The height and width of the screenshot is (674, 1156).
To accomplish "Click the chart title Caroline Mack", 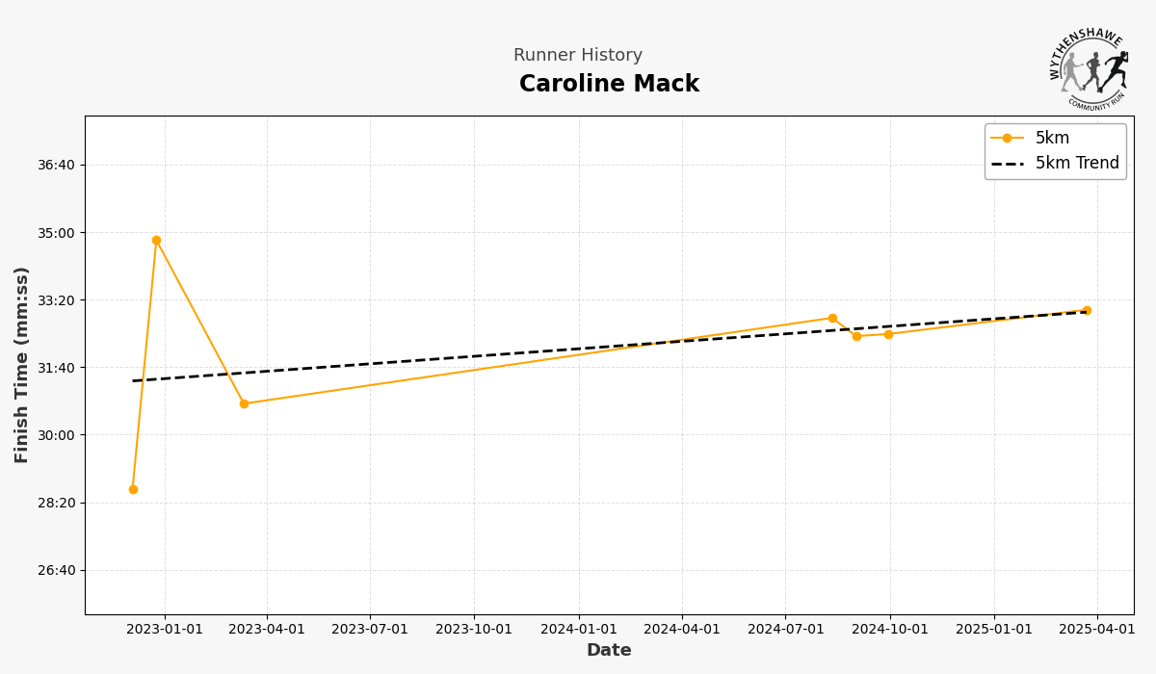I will point(609,85).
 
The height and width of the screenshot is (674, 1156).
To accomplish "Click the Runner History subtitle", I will point(578,56).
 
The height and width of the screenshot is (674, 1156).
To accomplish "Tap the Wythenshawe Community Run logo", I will point(1089,68).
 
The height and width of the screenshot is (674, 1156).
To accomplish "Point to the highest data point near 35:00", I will point(156,240).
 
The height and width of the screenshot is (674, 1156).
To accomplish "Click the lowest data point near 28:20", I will point(133,489).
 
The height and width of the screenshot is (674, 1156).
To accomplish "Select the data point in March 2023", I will point(244,403).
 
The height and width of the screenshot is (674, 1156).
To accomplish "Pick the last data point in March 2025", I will point(1087,310).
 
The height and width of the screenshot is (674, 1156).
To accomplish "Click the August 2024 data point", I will point(832,318).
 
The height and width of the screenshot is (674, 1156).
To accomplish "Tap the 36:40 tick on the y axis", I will point(56,166).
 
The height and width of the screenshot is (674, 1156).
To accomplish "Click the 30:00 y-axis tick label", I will point(56,435).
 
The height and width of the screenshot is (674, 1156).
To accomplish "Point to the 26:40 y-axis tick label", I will point(56,570).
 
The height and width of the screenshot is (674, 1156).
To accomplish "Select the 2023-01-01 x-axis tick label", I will point(165,630).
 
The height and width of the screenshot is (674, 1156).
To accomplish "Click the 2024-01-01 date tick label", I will point(579,630).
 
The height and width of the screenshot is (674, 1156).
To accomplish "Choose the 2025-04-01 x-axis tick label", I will point(1097,630).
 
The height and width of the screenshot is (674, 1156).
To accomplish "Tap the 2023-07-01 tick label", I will point(370,630).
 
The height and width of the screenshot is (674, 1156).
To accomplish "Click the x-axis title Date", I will point(609,651).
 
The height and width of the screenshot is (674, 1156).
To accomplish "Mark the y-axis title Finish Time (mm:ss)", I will point(22,365).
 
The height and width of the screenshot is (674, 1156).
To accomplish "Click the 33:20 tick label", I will point(56,300).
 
